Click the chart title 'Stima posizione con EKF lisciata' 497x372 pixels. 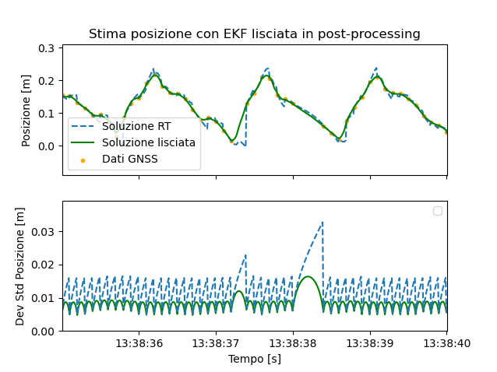click(x=254, y=34)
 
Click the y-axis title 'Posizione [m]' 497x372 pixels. click(x=26, y=111)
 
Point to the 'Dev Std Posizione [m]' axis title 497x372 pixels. click(x=20, y=266)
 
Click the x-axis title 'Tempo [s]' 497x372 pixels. click(x=254, y=359)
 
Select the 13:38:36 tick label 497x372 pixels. click(x=139, y=343)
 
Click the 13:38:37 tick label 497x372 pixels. click(x=216, y=343)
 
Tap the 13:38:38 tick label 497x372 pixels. click(x=293, y=343)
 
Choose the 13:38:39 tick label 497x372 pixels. click(x=369, y=343)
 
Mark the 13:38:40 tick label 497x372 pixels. click(x=446, y=343)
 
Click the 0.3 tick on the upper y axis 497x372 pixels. click(x=46, y=48)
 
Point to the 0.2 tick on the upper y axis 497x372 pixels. click(x=46, y=81)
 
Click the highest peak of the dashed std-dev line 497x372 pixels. click(x=323, y=222)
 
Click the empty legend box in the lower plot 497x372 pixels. click(x=437, y=211)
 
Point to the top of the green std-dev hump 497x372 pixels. click(x=308, y=276)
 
